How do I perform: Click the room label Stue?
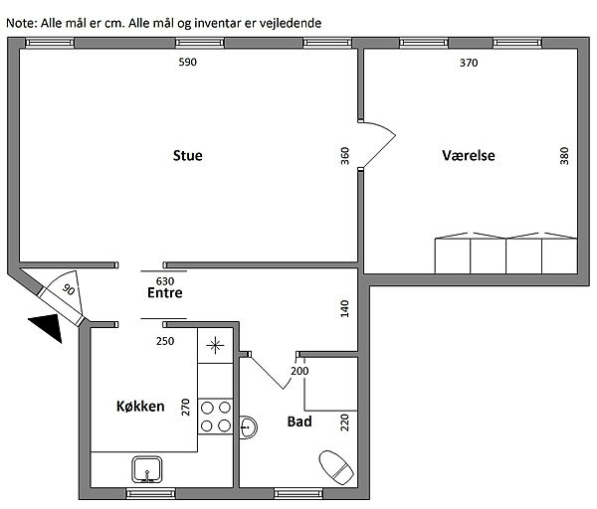tap(187, 156)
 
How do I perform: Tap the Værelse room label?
tap(469, 155)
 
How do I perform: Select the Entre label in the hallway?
tap(165, 292)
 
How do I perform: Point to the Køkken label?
tap(140, 407)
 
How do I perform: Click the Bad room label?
tap(299, 422)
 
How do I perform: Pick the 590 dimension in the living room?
tap(188, 62)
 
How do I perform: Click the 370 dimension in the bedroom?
tap(469, 63)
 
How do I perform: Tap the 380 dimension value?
tap(564, 156)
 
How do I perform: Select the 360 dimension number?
tap(344, 156)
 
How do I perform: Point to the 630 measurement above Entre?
tap(165, 281)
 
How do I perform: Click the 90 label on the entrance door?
tap(69, 290)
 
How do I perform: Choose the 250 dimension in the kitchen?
tap(165, 341)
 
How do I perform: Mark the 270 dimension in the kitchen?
tap(185, 407)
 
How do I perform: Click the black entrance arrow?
tap(49, 326)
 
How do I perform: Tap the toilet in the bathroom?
tap(336, 467)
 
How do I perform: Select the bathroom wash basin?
tap(248, 427)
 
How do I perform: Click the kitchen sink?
tap(147, 470)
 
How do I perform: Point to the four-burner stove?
tap(216, 417)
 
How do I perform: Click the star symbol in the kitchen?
tap(215, 345)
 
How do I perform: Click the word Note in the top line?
tap(21, 23)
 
